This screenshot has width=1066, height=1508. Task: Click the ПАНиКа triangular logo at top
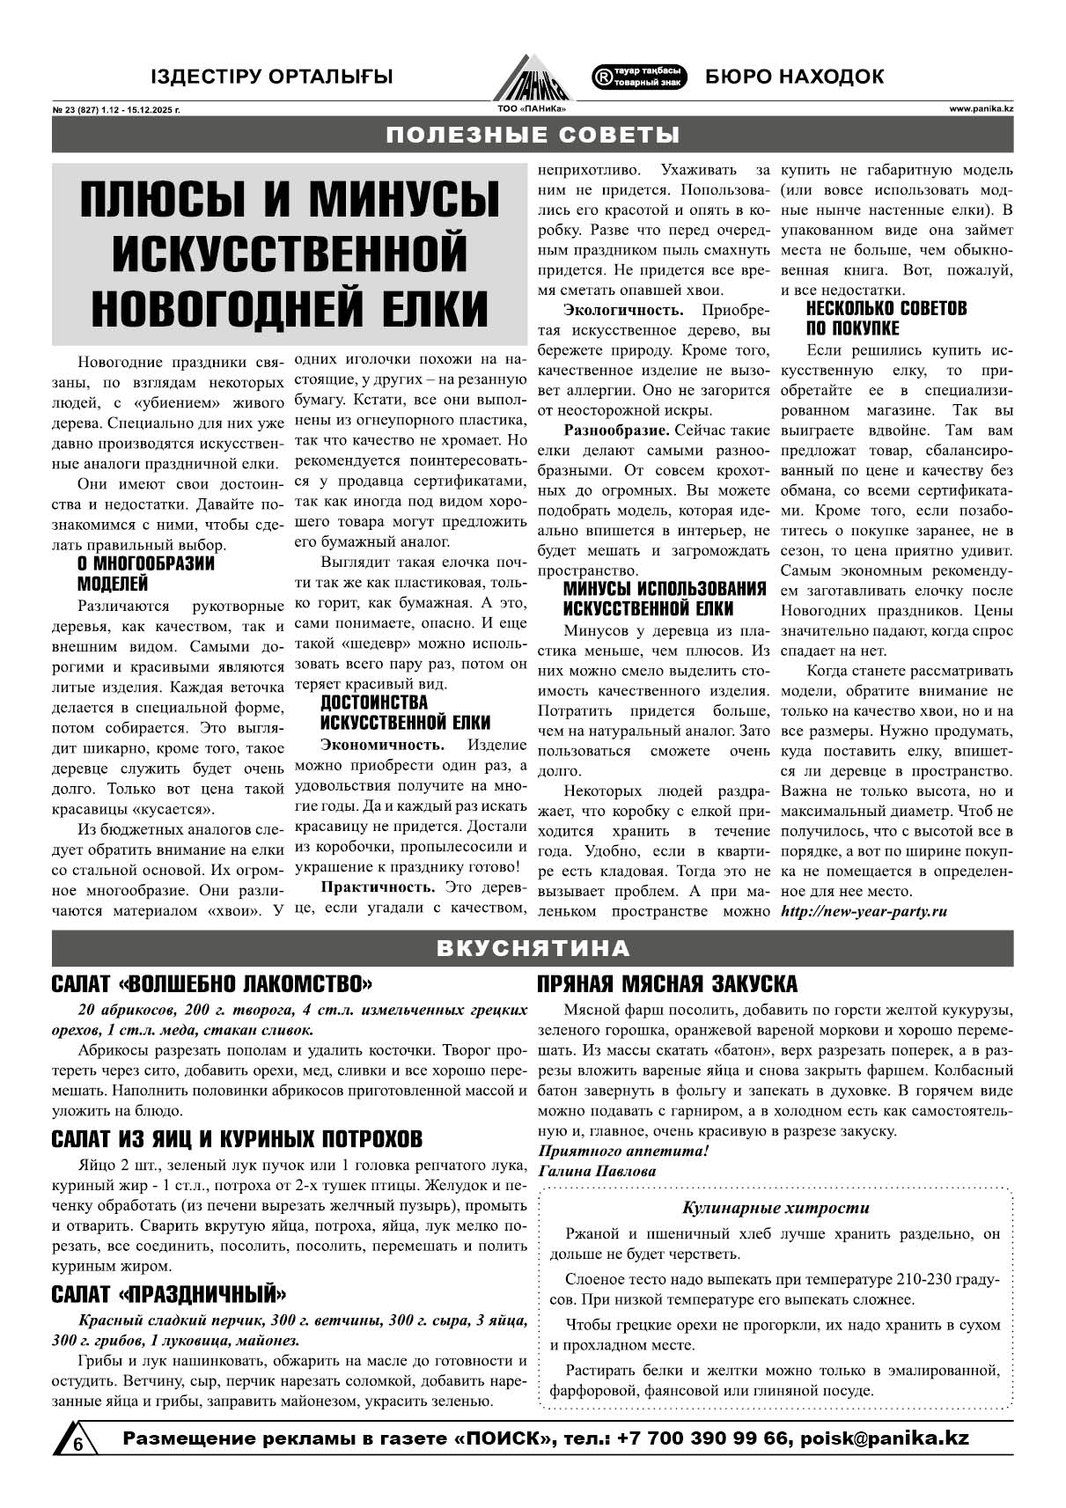(x=532, y=77)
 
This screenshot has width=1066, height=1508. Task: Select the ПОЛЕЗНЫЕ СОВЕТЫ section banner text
(x=533, y=135)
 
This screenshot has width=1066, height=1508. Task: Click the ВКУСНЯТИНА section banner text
(x=533, y=948)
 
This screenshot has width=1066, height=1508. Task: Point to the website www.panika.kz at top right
(x=981, y=109)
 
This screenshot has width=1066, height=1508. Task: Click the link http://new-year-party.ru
(x=864, y=911)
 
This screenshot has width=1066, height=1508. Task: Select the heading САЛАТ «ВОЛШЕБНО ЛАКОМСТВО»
(x=212, y=983)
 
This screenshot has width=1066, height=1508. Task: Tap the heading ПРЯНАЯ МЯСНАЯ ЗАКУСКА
(x=667, y=983)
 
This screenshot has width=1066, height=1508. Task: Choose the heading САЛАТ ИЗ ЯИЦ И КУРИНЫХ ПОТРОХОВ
(x=237, y=1139)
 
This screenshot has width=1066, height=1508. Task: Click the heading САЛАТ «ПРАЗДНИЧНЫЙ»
(x=169, y=1295)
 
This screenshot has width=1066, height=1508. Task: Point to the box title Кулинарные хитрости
(x=775, y=1208)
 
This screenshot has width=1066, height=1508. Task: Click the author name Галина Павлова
(x=596, y=1171)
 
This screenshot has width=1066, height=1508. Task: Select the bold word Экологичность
(x=623, y=310)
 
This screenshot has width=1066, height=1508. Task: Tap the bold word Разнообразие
(x=616, y=430)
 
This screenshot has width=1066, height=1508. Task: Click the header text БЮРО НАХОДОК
(x=794, y=77)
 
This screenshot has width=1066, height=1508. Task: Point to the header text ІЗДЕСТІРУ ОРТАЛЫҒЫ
(x=271, y=77)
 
